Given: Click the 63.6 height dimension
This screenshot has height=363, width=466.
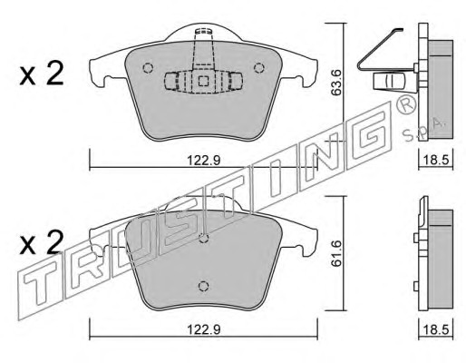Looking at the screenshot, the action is (336, 83).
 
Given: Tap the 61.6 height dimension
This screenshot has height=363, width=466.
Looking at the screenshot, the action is (336, 253).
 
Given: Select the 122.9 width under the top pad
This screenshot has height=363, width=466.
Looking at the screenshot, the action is (204, 160).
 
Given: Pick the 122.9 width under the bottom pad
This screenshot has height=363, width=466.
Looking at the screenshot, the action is (204, 329).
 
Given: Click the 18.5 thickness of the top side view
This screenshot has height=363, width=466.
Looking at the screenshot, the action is (436, 160).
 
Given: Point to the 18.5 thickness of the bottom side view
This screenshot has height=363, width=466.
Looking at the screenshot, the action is (436, 329).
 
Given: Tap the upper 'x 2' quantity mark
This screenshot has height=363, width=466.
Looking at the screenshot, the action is (42, 74).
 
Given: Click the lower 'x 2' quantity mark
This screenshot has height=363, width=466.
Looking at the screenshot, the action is (42, 242).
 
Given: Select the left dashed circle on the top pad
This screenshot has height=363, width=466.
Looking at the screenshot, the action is (148, 68).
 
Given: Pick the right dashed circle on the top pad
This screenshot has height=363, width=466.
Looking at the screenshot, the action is (259, 68).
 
